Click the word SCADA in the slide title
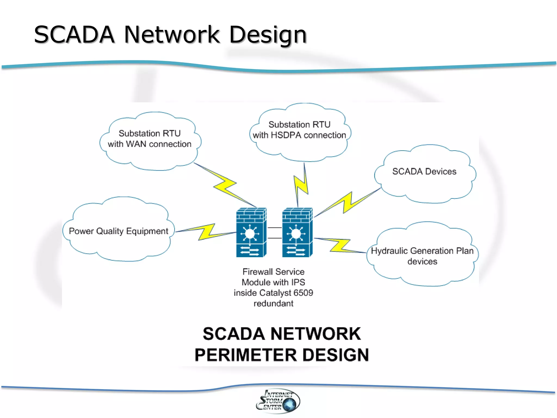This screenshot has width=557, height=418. coord(74,35)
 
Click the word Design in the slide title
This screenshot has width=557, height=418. coord(268,35)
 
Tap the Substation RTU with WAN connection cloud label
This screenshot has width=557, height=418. coord(150,139)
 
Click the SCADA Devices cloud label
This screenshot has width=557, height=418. coord(424,171)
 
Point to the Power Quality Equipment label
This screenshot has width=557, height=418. coord(119,231)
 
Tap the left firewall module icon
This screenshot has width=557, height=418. coord(251,232)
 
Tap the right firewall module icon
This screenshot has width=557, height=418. coord(297,232)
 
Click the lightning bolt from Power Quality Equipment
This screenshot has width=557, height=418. coord(206,232)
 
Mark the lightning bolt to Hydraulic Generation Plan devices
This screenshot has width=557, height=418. coord(339,245)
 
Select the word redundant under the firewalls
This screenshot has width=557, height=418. coord(273,303)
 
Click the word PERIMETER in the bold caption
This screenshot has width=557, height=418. coord(246,355)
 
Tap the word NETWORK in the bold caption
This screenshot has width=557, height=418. coord(315,334)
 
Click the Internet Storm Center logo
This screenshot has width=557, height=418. coord(278,401)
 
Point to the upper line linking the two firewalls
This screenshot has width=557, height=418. coord(274,228)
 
